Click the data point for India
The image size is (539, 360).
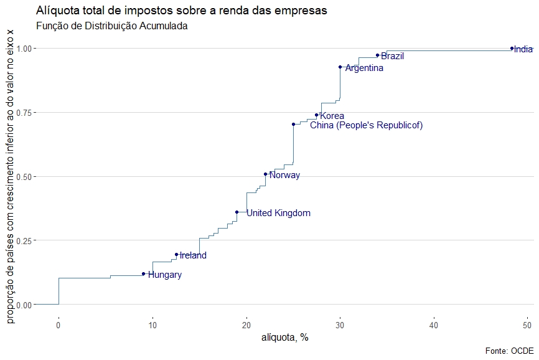512,48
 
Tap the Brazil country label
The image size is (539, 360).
392,56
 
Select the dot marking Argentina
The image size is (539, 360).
340,67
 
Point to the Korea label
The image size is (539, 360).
332,116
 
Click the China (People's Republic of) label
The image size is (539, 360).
366,126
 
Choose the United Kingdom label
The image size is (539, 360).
278,213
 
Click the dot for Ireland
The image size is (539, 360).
176,254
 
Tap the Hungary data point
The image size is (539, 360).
143,273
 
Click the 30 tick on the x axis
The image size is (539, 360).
340,324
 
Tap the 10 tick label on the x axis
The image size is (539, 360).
152,324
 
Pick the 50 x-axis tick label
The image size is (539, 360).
528,324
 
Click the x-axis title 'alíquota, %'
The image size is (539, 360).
284,338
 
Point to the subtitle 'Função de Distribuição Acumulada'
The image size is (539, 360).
112,26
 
